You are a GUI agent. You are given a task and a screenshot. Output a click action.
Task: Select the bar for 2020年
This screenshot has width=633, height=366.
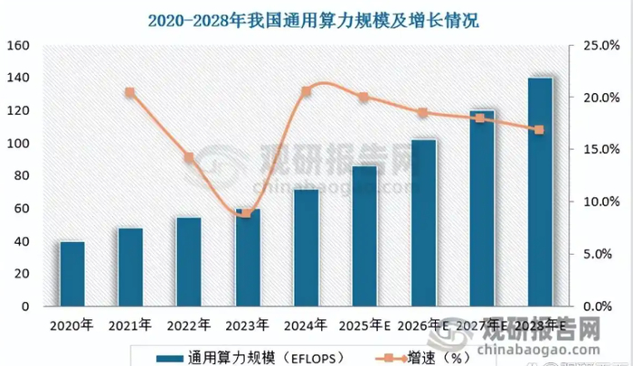72,274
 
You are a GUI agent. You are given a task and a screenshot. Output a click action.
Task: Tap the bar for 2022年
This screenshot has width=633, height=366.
188,262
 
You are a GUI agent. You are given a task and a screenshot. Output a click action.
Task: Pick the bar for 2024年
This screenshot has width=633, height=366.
306,248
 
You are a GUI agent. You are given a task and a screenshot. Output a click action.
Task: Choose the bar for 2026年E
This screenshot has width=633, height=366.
423,222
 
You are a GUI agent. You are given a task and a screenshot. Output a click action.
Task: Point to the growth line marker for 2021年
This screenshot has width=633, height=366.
130,92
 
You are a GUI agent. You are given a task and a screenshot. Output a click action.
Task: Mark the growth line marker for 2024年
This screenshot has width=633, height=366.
306,91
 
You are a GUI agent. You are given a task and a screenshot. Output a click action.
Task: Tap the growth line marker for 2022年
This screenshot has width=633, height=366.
189,157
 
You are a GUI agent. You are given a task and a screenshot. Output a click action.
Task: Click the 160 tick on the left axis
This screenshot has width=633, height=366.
20,45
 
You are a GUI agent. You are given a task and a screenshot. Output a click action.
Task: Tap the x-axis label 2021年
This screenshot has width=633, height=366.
130,324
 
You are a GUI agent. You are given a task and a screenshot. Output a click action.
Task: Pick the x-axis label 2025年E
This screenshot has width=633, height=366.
366,324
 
